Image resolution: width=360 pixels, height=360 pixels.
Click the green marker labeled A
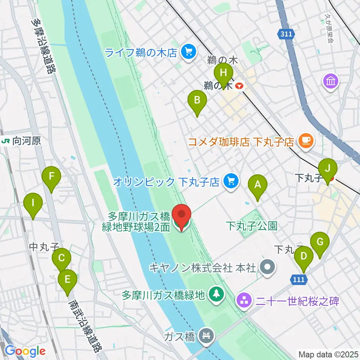click(x=258, y=184)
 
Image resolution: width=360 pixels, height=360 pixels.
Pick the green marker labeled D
click(x=303, y=256)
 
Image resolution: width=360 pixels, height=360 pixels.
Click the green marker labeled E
click(x=67, y=279)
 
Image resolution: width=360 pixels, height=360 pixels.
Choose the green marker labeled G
click(x=320, y=242)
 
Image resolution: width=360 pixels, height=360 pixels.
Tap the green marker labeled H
click(x=223, y=71)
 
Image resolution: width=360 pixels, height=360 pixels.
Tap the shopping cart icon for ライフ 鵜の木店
click(x=189, y=52)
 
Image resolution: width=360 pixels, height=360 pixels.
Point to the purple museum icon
click(x=332, y=81)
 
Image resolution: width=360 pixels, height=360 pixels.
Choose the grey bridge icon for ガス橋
click(x=206, y=335)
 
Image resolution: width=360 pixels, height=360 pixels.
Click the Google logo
click(x=25, y=351)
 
